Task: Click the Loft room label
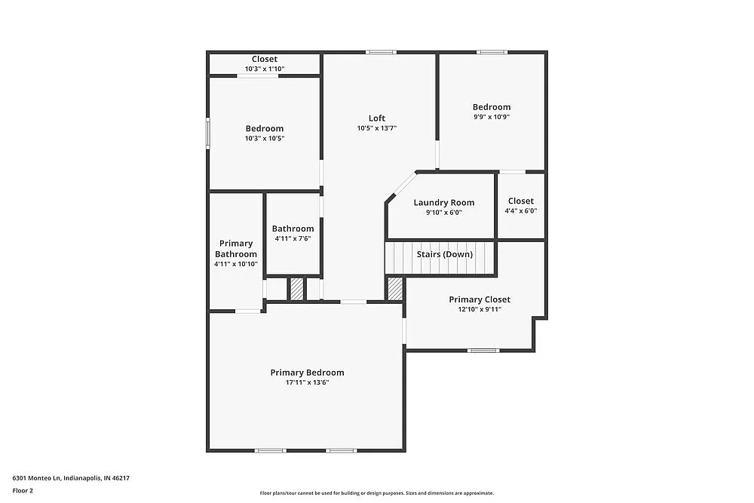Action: [377, 118]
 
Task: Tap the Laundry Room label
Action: [444, 202]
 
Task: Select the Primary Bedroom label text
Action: [307, 373]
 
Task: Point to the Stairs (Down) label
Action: [445, 254]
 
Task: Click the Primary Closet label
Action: [480, 299]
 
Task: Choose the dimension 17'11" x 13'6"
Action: [307, 383]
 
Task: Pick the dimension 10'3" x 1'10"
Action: [265, 69]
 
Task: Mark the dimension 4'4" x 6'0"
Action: [520, 212]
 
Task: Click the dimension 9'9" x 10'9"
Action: [492, 117]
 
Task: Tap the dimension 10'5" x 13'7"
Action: [377, 128]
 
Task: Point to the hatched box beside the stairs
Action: [395, 289]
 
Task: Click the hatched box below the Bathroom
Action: [297, 290]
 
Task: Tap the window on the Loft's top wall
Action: [381, 52]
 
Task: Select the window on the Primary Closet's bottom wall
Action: [483, 350]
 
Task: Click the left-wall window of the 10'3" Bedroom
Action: [208, 133]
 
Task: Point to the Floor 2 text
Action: [23, 490]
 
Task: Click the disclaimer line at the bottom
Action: [377, 493]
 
